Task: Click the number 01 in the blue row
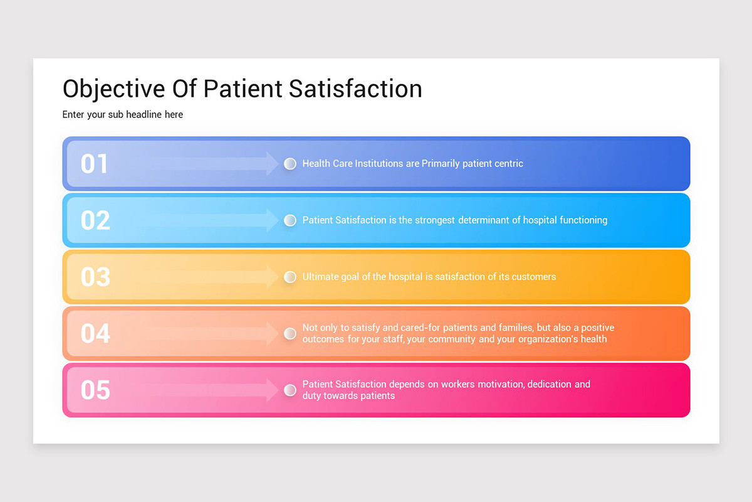pyautogui.click(x=95, y=164)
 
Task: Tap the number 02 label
pyautogui.click(x=95, y=220)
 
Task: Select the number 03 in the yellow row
pyautogui.click(x=95, y=277)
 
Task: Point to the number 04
pyautogui.click(x=95, y=333)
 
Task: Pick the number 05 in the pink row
pyautogui.click(x=95, y=390)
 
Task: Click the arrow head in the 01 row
pyautogui.click(x=272, y=163)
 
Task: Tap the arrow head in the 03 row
pyautogui.click(x=272, y=277)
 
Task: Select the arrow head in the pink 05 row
pyautogui.click(x=272, y=390)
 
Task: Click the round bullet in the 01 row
pyautogui.click(x=290, y=164)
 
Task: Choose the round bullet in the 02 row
pyautogui.click(x=290, y=220)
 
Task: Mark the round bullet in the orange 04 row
pyautogui.click(x=290, y=333)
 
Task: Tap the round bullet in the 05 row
pyautogui.click(x=290, y=390)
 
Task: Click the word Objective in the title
pyautogui.click(x=114, y=89)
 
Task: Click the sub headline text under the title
pyautogui.click(x=123, y=115)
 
